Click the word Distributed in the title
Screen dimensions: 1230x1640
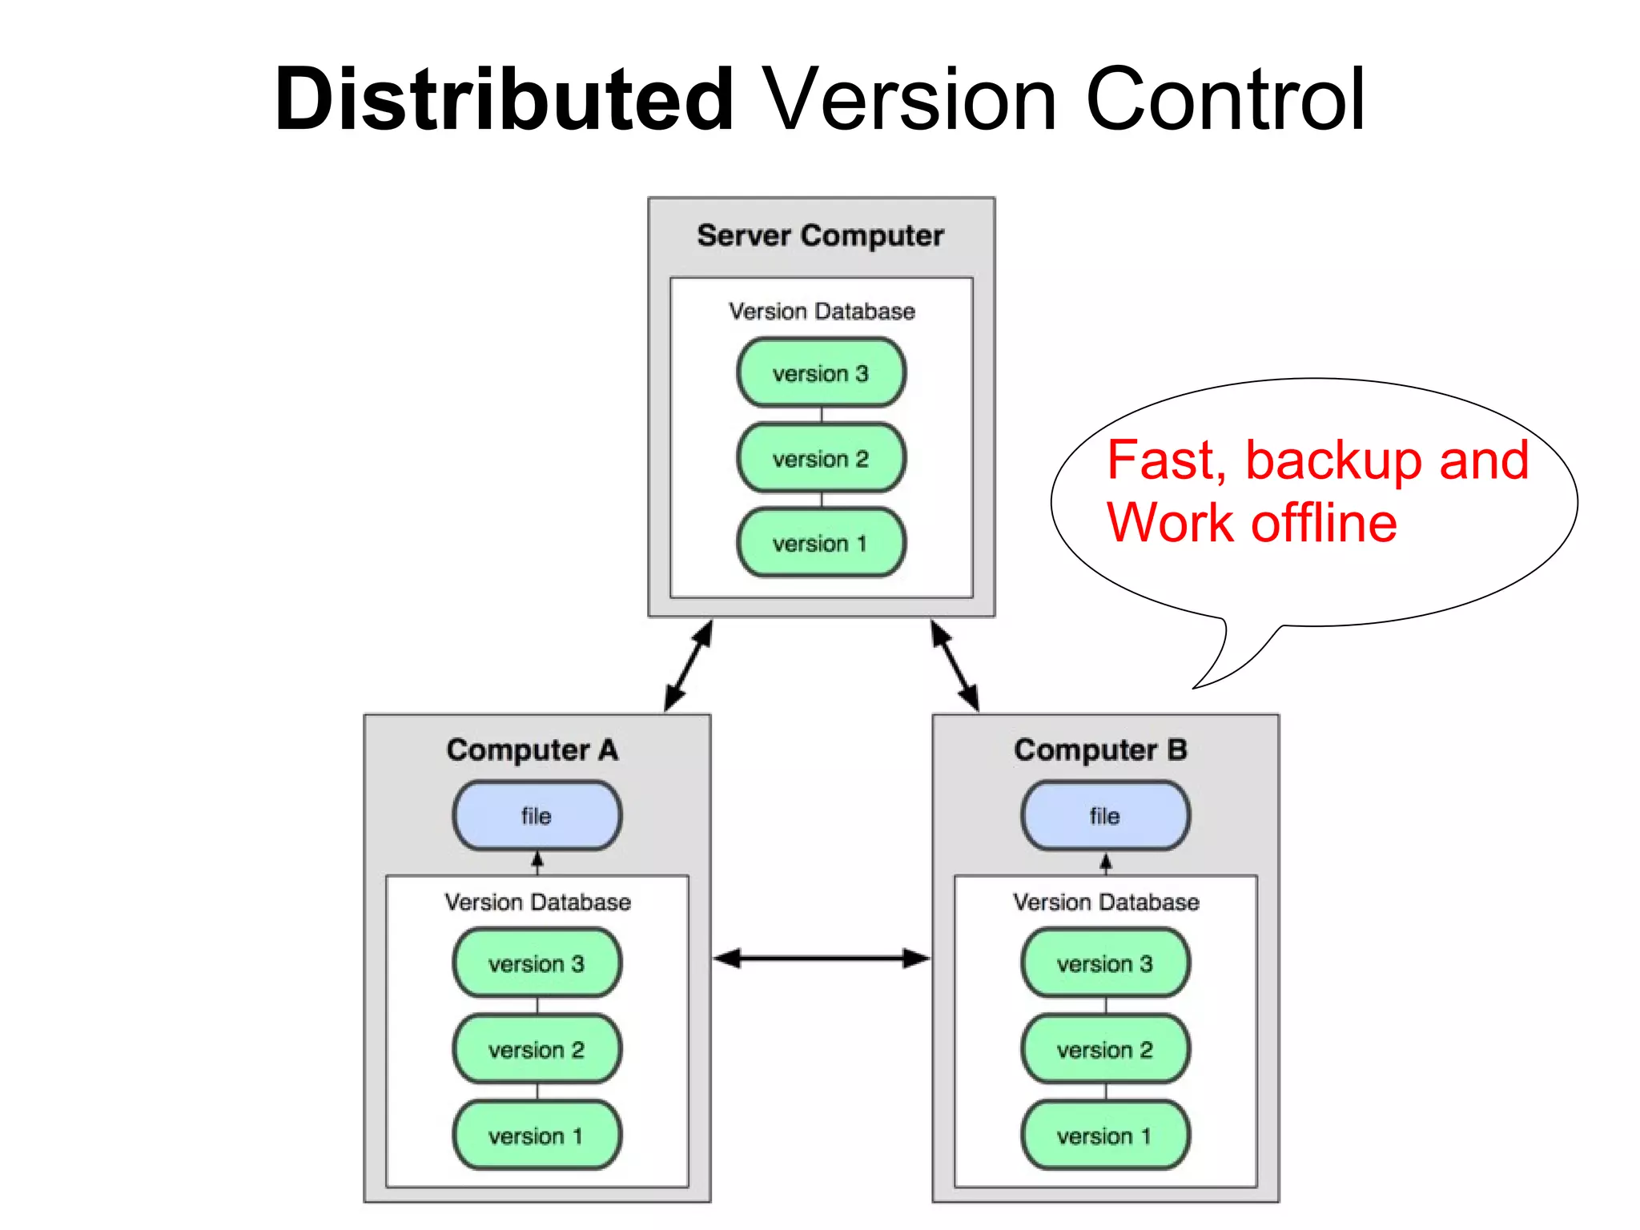[x=504, y=100]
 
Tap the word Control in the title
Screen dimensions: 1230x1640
[x=1224, y=100]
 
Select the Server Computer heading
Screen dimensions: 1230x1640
[x=820, y=235]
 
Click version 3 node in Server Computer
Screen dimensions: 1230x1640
[x=821, y=373]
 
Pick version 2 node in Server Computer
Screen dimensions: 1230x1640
[x=821, y=459]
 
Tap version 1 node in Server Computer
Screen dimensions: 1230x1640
[x=821, y=544]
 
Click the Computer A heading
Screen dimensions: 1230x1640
[x=533, y=750]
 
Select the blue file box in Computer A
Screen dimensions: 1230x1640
[x=537, y=816]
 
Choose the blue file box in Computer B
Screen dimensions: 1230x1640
[x=1105, y=816]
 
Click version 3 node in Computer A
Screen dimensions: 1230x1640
[x=537, y=963]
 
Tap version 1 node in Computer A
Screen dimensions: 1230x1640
[x=537, y=1136]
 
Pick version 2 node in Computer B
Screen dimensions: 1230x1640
[x=1105, y=1049]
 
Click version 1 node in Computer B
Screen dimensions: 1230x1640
[x=1105, y=1136]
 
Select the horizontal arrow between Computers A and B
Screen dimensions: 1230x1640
[x=822, y=958]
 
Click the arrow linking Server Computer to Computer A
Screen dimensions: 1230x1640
[x=689, y=665]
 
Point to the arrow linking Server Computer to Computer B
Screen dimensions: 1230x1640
[x=955, y=665]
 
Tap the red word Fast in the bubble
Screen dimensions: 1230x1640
[x=1166, y=460]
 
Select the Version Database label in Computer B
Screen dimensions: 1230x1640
[x=1106, y=902]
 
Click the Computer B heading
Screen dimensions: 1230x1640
[x=1100, y=750]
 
